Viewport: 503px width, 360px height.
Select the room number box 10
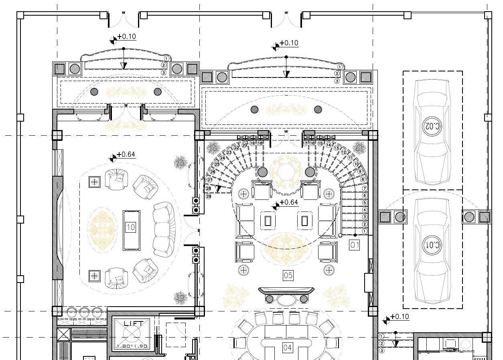click(131, 228)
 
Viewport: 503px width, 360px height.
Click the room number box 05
click(288, 275)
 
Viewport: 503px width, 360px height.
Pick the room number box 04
click(287, 348)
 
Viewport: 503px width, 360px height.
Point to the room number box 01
click(355, 245)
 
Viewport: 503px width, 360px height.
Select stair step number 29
click(209, 197)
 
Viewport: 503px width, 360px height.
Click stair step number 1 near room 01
click(365, 232)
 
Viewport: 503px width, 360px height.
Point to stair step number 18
click(260, 143)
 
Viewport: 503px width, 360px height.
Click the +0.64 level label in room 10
click(126, 155)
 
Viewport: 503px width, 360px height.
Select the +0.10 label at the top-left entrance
click(126, 37)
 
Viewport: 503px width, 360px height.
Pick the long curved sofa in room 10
click(164, 230)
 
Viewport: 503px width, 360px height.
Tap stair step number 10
click(356, 165)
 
